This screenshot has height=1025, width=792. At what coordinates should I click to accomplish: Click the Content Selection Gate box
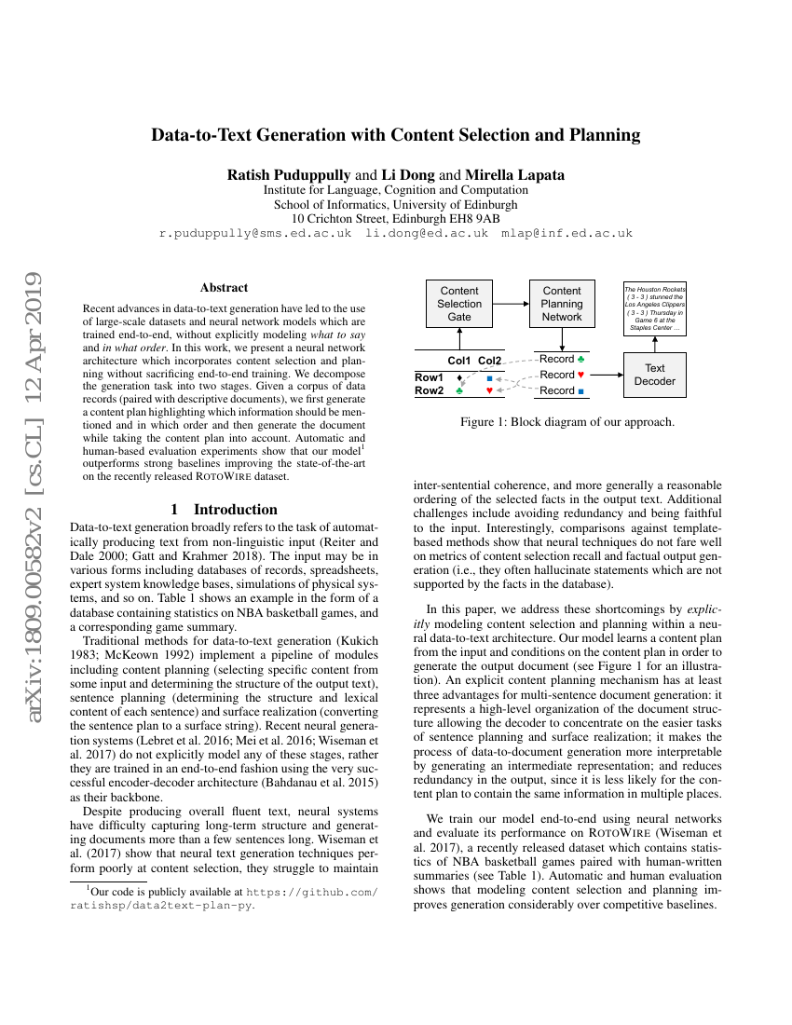coord(459,304)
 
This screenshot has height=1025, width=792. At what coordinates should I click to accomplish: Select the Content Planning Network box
coord(561,304)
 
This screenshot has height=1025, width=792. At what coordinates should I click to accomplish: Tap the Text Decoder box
coord(654,375)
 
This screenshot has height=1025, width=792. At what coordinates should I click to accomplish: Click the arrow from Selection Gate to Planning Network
coord(511,304)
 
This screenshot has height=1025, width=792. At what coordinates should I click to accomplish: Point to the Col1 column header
coord(459,361)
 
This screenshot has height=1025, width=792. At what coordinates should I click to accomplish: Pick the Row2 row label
coord(430,391)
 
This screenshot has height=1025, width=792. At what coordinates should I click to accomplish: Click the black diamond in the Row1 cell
coord(459,377)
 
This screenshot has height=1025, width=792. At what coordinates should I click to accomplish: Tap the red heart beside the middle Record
coord(581,375)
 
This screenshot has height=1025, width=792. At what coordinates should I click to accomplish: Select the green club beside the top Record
coord(581,359)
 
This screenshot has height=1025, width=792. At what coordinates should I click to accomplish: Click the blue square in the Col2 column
coord(489,377)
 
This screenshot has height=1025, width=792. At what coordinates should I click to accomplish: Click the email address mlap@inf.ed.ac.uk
coord(567,234)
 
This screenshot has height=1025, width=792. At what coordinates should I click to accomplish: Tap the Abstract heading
coord(225,288)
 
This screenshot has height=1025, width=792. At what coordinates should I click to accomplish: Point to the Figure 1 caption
coord(567,422)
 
